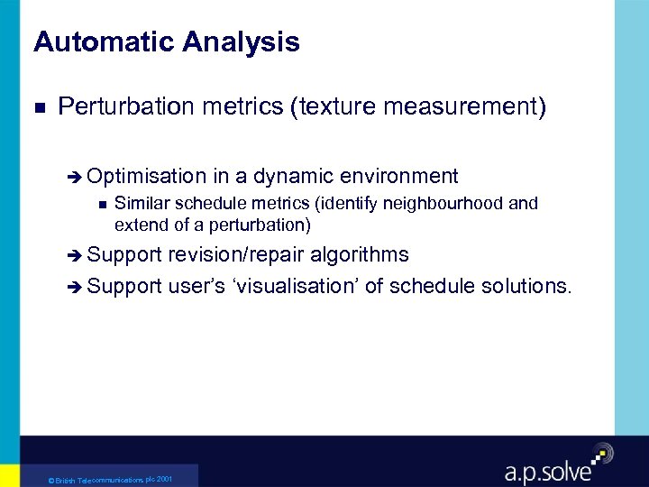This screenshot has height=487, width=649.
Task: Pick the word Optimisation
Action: (148, 176)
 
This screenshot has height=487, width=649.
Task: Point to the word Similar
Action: (138, 204)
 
